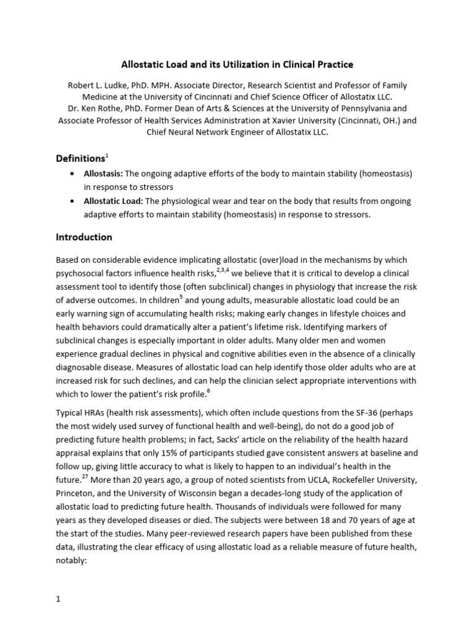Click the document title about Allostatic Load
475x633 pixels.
pos(237,64)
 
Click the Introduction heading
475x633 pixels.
pos(84,237)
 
